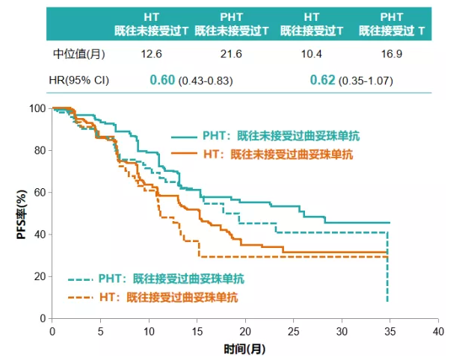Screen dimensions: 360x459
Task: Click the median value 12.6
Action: click(152, 55)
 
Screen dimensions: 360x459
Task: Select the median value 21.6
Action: click(234, 55)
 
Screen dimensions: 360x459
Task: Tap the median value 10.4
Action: click(313, 55)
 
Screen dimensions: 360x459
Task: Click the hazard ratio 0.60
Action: click(162, 80)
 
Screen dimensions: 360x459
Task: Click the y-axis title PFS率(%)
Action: click(24, 214)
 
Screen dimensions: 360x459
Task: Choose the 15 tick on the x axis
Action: click(197, 329)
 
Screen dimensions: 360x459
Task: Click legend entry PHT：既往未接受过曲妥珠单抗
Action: click(280, 136)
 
